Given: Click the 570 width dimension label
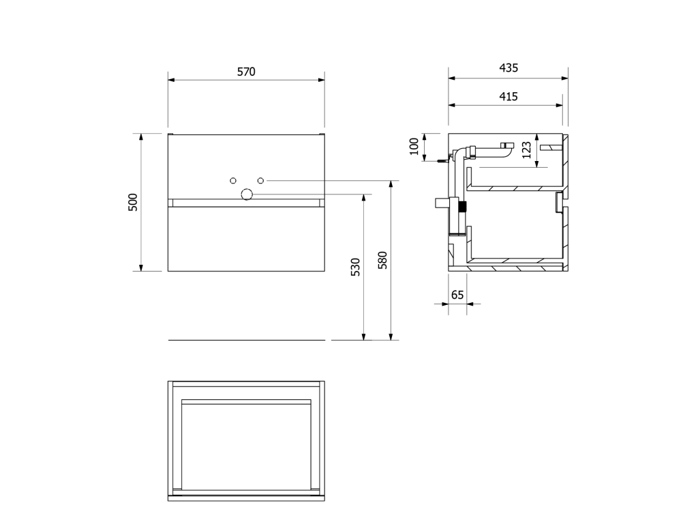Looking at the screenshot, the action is (246, 72).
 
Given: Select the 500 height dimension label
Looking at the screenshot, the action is (133, 202).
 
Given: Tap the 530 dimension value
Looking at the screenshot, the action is (355, 267).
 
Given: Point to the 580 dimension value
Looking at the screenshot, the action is (382, 260).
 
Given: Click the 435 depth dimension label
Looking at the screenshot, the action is (509, 68).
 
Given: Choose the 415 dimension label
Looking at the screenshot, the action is (509, 97).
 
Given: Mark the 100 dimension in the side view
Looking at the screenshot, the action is (414, 147).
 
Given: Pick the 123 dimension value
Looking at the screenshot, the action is (527, 149).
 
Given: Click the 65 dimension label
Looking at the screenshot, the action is (457, 295).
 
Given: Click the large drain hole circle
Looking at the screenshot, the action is (247, 194).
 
